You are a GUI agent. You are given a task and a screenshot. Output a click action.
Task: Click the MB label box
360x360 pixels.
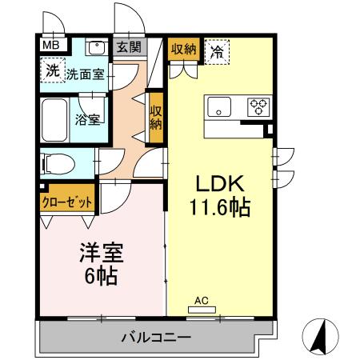coord(50,46)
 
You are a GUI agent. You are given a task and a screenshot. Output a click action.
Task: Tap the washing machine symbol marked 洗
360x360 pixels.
coord(51,70)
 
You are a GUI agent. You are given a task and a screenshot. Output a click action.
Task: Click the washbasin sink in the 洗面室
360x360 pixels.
coord(97,48)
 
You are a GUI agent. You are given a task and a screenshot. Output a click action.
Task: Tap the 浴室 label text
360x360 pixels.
coord(87,121)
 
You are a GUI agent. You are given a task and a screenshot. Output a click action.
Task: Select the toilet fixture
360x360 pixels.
coord(58,163)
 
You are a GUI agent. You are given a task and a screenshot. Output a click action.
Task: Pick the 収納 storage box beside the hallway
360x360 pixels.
coord(156,117)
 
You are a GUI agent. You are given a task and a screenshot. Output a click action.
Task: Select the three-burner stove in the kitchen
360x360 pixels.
coord(258,106)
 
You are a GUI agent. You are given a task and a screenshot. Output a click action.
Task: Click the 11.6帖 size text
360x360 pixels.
coord(219,208)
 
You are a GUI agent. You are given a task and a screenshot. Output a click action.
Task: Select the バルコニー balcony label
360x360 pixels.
coord(155,337)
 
